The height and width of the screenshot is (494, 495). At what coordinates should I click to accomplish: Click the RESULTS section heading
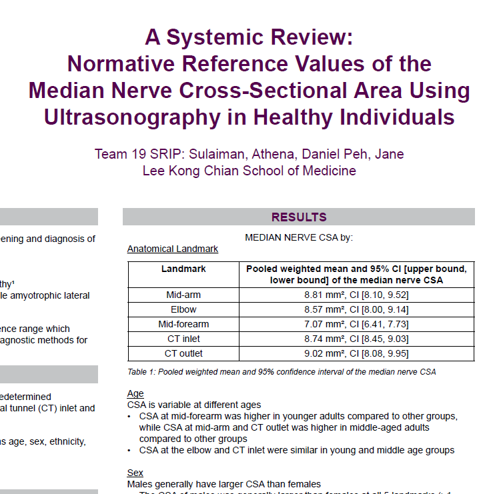pyautogui.click(x=298, y=217)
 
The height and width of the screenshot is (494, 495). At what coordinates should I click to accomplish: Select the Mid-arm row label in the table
pyautogui.click(x=183, y=295)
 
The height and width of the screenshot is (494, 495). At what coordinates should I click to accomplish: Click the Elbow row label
pyautogui.click(x=183, y=309)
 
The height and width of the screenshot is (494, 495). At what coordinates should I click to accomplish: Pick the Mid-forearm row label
pyautogui.click(x=183, y=324)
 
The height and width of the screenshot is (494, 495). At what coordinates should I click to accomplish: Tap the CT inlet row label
pyautogui.click(x=183, y=339)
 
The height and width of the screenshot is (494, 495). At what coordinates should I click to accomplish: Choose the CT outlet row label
pyautogui.click(x=183, y=353)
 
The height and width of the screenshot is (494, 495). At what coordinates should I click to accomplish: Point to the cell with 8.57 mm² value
pyautogui.click(x=356, y=309)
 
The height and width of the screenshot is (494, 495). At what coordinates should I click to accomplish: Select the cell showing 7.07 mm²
pyautogui.click(x=356, y=324)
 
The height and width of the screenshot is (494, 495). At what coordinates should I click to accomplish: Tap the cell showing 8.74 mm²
pyautogui.click(x=356, y=339)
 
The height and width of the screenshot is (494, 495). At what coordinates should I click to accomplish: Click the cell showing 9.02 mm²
pyautogui.click(x=356, y=353)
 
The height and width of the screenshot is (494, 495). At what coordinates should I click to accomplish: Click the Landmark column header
pyautogui.click(x=183, y=269)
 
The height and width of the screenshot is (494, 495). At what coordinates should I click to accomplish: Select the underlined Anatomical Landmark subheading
pyautogui.click(x=173, y=249)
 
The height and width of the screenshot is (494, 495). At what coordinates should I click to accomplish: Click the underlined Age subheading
pyautogui.click(x=135, y=394)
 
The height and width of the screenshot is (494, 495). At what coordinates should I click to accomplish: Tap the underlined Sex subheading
pyautogui.click(x=135, y=473)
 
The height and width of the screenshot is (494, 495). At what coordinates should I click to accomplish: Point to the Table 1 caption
pyautogui.click(x=282, y=371)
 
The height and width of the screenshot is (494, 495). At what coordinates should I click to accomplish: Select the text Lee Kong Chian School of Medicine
pyautogui.click(x=250, y=171)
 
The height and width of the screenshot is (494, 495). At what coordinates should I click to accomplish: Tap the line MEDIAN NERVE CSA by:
pyautogui.click(x=299, y=237)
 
